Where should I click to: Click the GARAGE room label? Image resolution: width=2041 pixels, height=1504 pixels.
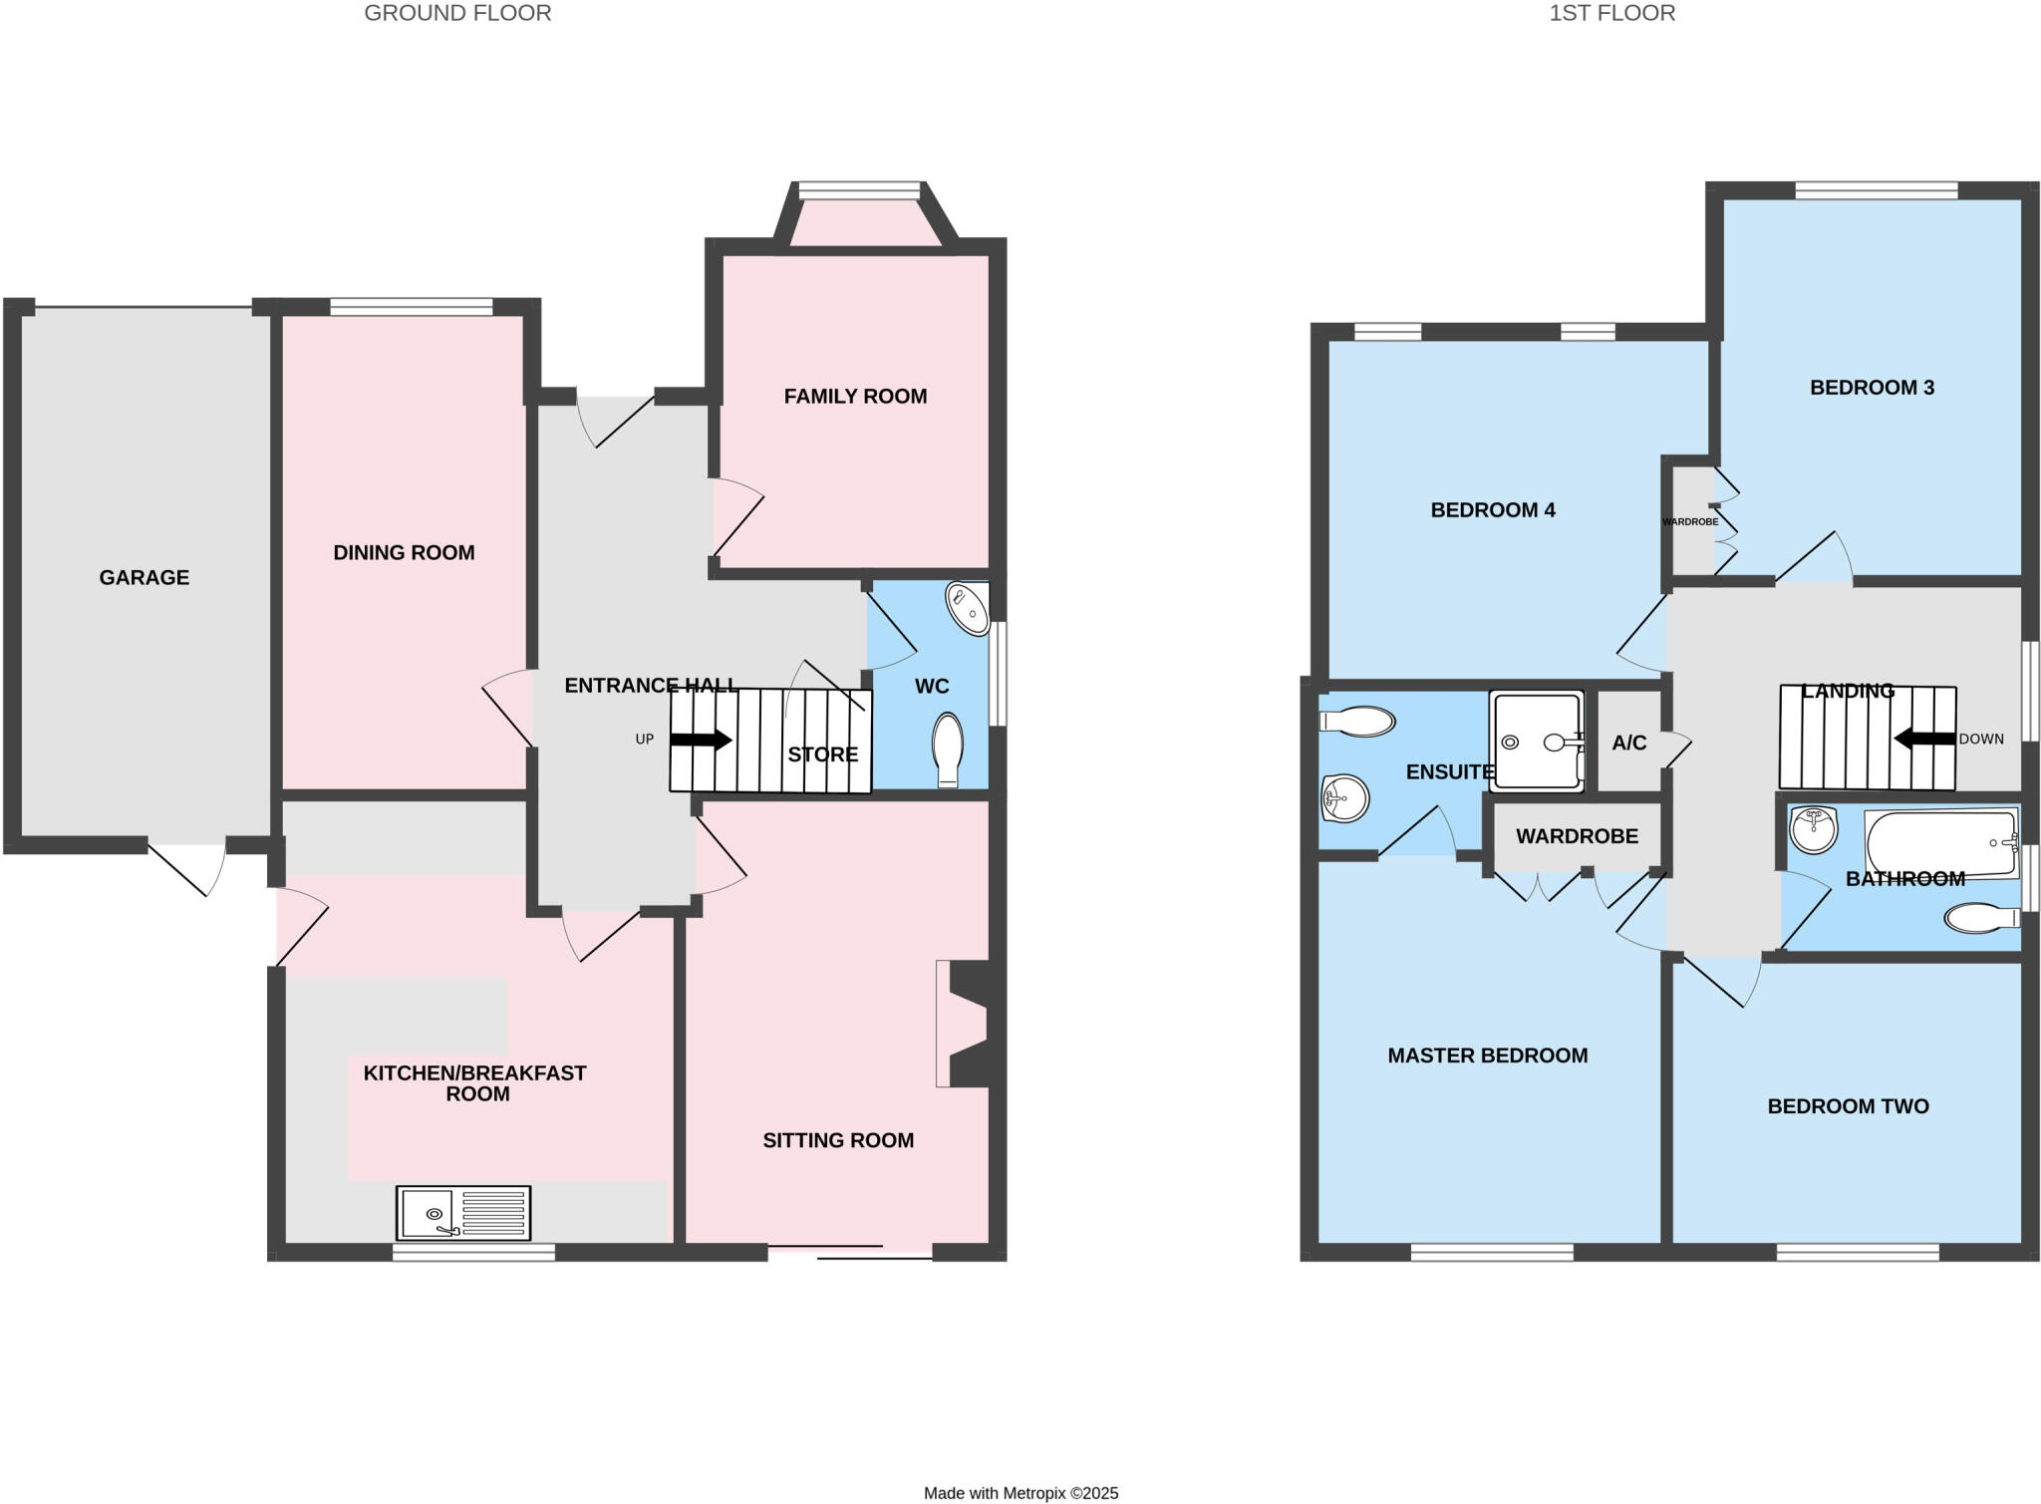tap(144, 577)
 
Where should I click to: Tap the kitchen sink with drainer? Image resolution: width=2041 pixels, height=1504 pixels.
tap(462, 1212)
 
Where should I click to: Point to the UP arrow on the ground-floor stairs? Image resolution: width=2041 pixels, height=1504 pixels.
tap(702, 740)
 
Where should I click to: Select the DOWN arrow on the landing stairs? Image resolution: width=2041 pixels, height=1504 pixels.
tap(1924, 739)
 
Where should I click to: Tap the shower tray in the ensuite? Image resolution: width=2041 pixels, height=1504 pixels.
tap(1536, 742)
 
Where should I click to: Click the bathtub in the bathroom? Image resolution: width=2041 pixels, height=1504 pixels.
tap(1941, 843)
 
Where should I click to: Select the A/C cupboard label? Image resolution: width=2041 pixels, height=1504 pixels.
tap(1629, 743)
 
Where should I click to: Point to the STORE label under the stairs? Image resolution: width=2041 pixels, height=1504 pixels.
tap(822, 754)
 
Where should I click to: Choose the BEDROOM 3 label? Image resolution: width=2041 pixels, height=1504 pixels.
tap(1872, 388)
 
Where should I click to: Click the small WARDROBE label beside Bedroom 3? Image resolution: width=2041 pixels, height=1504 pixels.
tap(1690, 521)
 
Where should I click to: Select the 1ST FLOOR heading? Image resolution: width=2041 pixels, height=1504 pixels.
tap(1611, 13)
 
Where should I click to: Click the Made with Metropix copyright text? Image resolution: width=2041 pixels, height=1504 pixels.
tap(1020, 1493)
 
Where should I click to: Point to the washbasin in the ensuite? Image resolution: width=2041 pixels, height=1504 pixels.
tap(1344, 797)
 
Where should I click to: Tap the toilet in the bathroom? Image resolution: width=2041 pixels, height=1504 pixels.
tap(1981, 917)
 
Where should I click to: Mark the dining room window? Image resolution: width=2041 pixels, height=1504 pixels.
tap(411, 307)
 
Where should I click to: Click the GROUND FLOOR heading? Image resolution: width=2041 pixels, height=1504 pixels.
tap(457, 13)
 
